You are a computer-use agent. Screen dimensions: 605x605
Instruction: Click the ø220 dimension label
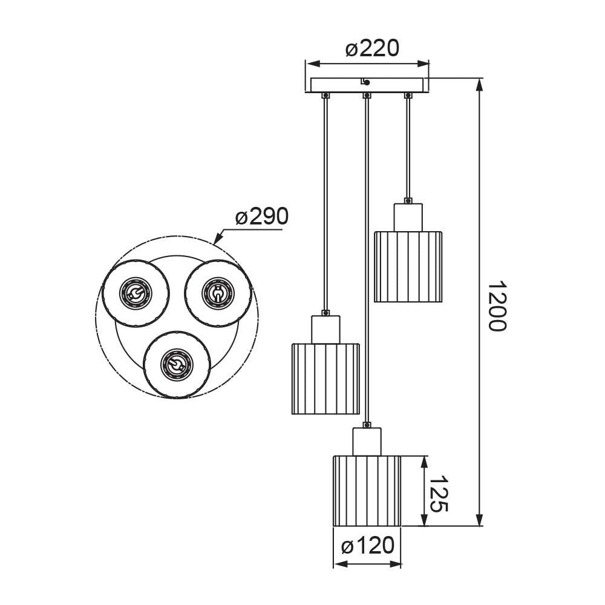coord(372,49)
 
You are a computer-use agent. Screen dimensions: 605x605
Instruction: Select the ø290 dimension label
coord(262,216)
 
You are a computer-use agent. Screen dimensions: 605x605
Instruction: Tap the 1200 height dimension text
coord(497,306)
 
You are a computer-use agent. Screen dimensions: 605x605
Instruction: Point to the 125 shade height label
coord(439,494)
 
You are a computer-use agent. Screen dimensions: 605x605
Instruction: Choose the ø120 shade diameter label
coord(368,546)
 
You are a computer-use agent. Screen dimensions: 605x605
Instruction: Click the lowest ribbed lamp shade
coord(367,491)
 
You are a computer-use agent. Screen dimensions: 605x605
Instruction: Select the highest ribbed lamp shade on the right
coord(408,267)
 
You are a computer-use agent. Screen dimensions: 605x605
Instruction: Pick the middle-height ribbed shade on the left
coord(325,379)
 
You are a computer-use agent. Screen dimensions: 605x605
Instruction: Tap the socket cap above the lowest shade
coord(367,442)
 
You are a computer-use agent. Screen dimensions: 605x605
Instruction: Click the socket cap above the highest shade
coord(408,217)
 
